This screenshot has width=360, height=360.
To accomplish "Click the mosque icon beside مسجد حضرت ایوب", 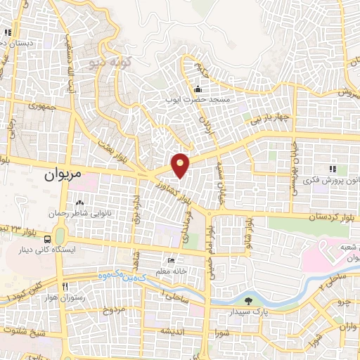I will (198, 89).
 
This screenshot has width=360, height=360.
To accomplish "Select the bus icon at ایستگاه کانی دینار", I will (47, 238).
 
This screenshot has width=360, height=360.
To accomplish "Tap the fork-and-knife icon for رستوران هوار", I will (65, 287).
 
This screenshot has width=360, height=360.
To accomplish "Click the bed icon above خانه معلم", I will (169, 261).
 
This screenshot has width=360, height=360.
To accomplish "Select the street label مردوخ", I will (113, 309).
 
